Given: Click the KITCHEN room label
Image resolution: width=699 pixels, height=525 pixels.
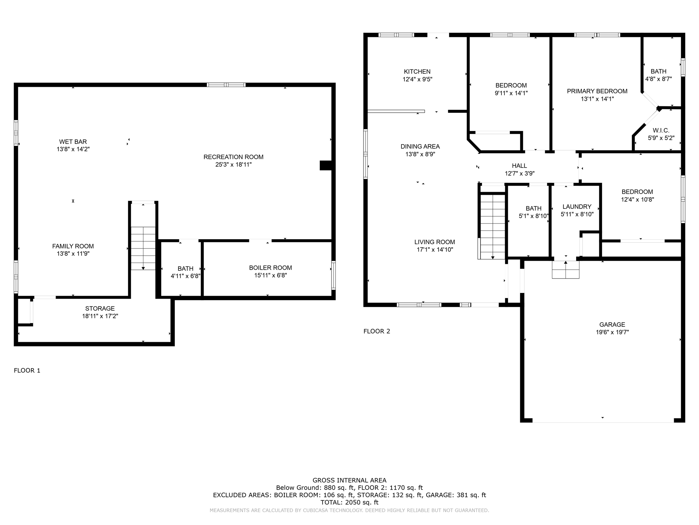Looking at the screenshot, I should pos(417,72).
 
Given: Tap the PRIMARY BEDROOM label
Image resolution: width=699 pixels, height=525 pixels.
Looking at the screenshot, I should pos(597,91).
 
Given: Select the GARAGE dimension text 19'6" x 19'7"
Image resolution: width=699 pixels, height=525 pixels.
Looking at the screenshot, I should pos(612,332).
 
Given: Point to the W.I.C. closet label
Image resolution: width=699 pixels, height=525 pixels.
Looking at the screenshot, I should pos(661,131).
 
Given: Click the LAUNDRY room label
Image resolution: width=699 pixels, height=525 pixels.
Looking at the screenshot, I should pos(577,207).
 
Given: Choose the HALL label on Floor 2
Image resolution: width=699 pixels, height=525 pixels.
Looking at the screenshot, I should pos(519,166).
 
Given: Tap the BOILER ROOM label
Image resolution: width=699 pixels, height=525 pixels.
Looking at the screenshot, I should pos(270,268).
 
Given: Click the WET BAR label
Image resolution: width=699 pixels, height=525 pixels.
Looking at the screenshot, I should pos(73,142).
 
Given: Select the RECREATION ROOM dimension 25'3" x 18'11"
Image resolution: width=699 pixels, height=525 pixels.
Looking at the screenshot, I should pos(233,165).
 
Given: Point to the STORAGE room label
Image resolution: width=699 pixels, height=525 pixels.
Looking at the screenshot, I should pos(100,309).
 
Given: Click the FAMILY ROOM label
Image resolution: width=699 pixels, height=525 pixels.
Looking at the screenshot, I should pos(73,246).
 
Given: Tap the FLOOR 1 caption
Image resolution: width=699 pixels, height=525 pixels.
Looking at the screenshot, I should pos(27,371).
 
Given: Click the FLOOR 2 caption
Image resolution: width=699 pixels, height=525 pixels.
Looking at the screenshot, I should pos(376,331).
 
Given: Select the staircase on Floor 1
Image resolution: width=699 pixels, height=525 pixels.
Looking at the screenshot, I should pos(143,248).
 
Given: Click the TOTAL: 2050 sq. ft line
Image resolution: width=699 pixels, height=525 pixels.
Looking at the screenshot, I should pos(349,502).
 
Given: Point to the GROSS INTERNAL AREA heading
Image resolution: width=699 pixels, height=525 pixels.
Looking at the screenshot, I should pos(349,480).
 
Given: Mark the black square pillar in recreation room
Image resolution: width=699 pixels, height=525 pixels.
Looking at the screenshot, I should pos(325,165).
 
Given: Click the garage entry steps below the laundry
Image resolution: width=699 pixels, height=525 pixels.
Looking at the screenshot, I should pos(566,270).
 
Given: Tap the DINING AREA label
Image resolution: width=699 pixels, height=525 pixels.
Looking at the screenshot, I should pos(420,147).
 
